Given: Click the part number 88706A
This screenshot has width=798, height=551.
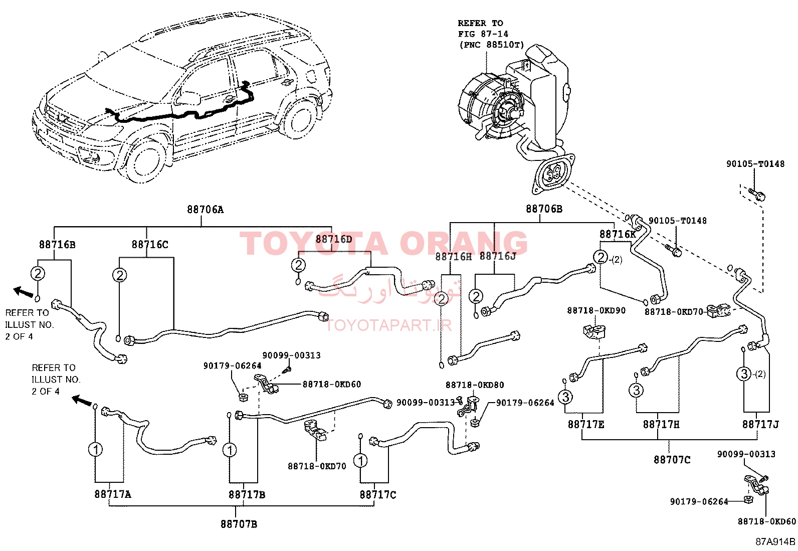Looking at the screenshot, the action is tap(206, 210).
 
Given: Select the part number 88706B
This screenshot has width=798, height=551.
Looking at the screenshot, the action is tap(544, 209).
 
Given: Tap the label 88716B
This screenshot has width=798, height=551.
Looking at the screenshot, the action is tap(57, 245).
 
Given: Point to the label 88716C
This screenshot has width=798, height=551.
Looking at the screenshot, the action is tap(150, 245).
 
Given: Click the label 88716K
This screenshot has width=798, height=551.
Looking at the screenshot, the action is tap(618, 234).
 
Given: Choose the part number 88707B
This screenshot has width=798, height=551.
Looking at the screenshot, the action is tap(239, 524).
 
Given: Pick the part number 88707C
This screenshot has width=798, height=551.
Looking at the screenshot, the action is tap(672, 460).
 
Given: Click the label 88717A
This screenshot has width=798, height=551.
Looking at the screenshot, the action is tap(113, 494).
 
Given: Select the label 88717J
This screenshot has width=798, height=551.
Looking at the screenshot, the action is tap(760, 425).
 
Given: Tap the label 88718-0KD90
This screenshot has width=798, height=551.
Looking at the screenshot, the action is tap(596, 310).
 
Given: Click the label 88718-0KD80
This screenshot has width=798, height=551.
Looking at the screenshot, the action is tap(475, 385).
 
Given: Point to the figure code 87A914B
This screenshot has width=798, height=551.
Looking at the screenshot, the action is tap(775, 542).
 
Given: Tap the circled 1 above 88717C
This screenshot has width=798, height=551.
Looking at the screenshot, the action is tap(361, 460).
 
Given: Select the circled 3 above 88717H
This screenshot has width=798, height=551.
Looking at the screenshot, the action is tap(637, 390).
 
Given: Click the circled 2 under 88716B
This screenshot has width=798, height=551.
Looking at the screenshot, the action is tap(38, 274).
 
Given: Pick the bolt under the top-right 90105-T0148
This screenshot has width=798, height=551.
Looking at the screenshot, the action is tap(757, 194).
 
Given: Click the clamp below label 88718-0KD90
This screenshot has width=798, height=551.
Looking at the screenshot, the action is tap(594, 331).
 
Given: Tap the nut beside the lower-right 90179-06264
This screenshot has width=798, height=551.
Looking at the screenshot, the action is tap(748, 499).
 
